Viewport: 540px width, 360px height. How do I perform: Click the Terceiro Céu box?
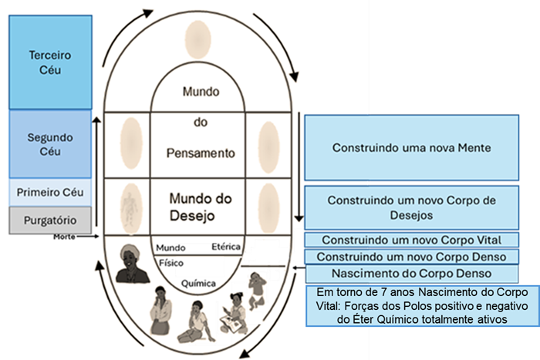pos(49,62)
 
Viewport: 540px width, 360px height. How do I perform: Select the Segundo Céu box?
pos(49,144)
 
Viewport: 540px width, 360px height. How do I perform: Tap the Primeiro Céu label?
pos(49,192)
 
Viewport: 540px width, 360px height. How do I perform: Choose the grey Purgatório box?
pos(49,220)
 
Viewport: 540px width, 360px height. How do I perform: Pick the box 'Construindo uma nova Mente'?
pos(411,146)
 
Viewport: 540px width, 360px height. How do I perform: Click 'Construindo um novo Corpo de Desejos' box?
pos(411,207)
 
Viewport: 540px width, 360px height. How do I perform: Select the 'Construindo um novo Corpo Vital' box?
pos(411,241)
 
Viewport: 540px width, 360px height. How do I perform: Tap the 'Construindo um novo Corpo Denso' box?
pos(411,257)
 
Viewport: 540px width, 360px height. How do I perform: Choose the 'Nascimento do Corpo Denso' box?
pos(411,274)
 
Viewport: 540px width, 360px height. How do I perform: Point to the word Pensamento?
pos(197,152)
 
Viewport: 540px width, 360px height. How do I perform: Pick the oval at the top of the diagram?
pos(197,40)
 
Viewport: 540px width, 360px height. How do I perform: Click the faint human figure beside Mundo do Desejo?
pos(133,207)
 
